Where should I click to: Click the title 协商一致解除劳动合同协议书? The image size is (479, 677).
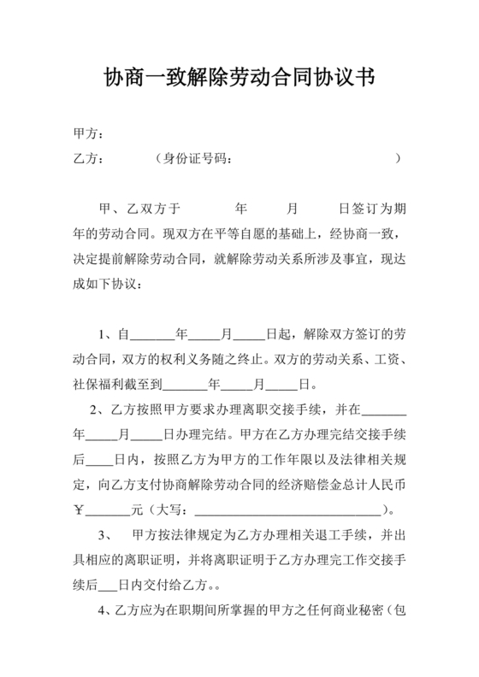239,78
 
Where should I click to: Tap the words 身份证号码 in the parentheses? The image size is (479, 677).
196,158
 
